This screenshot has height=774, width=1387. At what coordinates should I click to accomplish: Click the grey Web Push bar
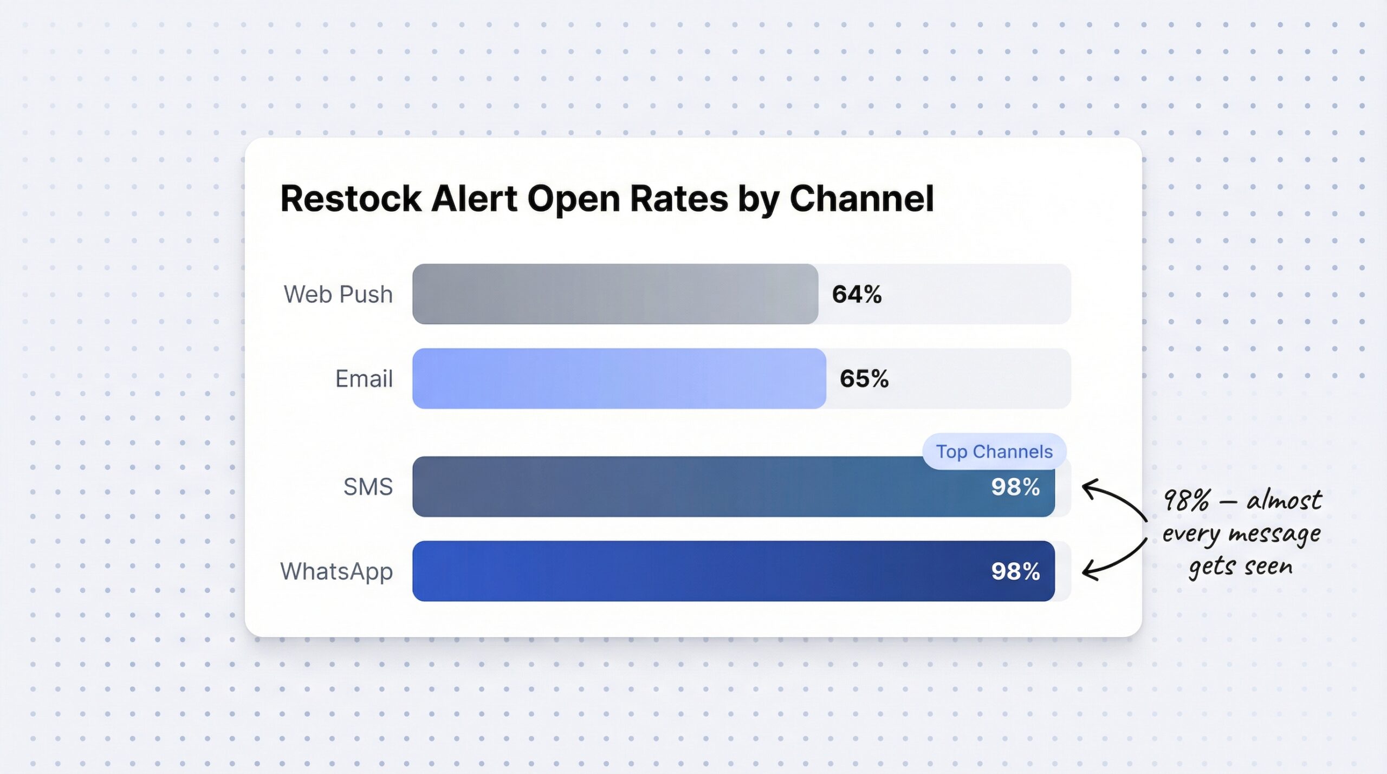(x=615, y=294)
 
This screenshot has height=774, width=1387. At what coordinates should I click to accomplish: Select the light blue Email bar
(x=619, y=378)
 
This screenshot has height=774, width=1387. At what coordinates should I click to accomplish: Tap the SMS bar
(x=677, y=486)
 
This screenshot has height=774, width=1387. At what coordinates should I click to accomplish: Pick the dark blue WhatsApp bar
(x=677, y=571)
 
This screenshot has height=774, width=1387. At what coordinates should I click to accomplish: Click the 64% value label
(x=857, y=294)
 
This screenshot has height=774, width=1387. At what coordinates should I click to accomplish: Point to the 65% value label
(x=864, y=378)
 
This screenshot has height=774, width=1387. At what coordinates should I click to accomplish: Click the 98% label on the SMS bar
(x=1015, y=486)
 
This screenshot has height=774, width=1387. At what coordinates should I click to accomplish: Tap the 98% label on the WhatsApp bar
(x=1015, y=571)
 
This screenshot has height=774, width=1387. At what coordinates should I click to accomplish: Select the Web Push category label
(x=338, y=294)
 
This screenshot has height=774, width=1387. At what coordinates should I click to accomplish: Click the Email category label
(x=364, y=378)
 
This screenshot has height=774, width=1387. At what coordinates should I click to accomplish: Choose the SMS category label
(x=368, y=486)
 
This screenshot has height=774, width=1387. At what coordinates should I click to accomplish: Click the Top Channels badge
(x=994, y=451)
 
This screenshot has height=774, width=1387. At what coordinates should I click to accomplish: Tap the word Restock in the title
(x=351, y=198)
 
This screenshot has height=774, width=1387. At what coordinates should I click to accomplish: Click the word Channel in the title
(x=861, y=198)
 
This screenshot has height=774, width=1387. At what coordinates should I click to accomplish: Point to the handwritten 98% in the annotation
(x=1186, y=500)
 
